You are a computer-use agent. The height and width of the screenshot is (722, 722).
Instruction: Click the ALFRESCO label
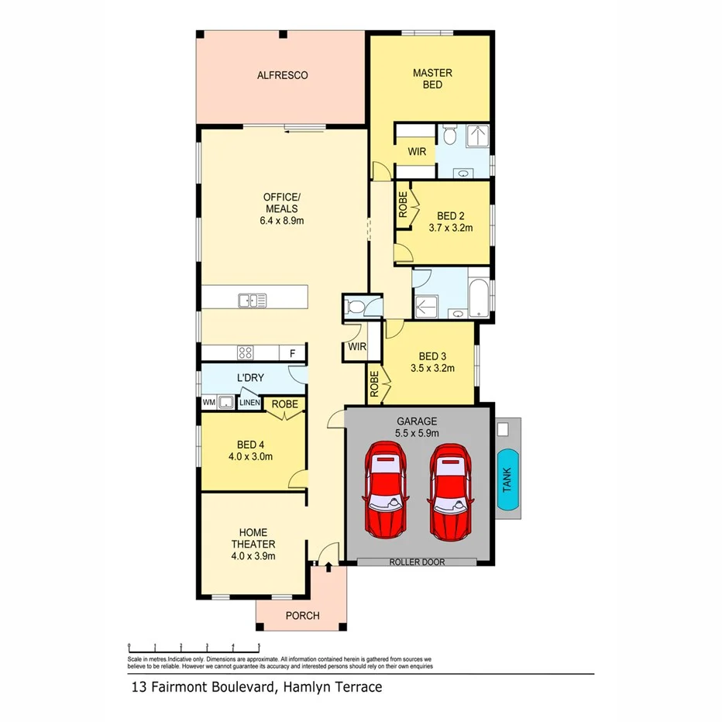[x=282, y=75]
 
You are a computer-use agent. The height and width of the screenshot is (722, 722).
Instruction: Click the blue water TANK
[x=507, y=480]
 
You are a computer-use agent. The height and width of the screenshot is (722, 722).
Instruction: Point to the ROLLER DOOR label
[x=417, y=562]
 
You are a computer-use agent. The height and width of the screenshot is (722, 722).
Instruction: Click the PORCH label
[x=302, y=616]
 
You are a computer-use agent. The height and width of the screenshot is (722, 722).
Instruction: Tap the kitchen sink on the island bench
[x=252, y=300]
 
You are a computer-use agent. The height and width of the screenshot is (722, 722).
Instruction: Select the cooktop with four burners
[x=246, y=353]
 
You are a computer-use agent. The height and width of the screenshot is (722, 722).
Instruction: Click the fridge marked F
[x=292, y=353]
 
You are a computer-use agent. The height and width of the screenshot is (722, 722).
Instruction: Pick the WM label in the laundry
[x=208, y=403]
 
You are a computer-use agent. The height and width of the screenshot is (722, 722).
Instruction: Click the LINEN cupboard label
[x=249, y=403]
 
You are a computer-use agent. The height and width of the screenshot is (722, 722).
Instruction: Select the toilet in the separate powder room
[x=356, y=308]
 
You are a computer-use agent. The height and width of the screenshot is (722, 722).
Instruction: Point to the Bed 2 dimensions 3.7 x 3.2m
[x=450, y=229]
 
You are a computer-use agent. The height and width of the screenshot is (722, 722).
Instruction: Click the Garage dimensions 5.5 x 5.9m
[x=418, y=433]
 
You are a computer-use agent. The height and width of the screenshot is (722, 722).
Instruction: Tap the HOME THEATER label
[x=253, y=538]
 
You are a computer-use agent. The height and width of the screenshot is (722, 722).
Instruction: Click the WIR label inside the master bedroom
[x=416, y=151]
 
